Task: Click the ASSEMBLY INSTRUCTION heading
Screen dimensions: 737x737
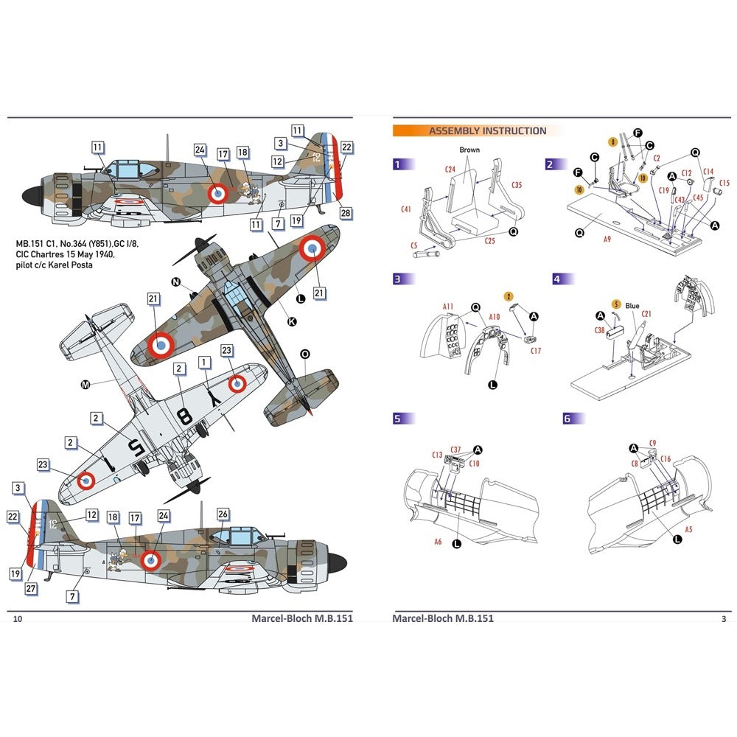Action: click(x=488, y=131)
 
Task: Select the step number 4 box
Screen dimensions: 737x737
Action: click(x=557, y=279)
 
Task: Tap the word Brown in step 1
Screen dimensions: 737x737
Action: click(x=469, y=150)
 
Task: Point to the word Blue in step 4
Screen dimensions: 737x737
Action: click(x=632, y=306)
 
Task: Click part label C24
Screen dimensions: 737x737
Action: click(x=450, y=169)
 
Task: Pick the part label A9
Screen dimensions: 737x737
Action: click(x=607, y=239)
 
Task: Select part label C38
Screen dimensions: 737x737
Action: click(x=599, y=331)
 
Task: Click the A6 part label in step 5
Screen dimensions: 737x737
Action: click(x=439, y=541)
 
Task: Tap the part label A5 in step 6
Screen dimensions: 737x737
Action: click(x=688, y=528)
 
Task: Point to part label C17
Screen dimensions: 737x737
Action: click(x=536, y=351)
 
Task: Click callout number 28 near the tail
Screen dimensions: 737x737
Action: click(x=345, y=213)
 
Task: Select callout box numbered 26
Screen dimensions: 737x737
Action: click(x=223, y=514)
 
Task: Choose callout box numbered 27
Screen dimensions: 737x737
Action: click(x=31, y=588)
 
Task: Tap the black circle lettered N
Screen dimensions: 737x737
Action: click(x=175, y=282)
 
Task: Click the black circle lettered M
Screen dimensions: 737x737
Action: click(x=85, y=384)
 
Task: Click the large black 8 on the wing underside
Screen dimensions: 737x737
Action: click(x=185, y=417)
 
